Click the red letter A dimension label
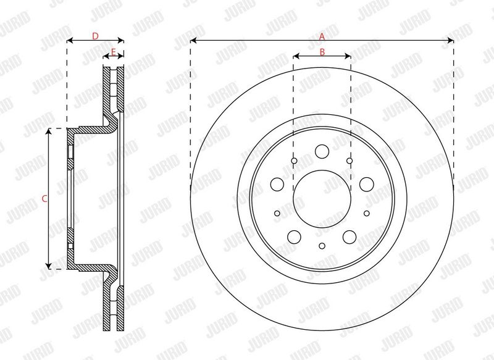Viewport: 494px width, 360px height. (322, 36)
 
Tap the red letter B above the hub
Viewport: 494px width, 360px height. (322, 52)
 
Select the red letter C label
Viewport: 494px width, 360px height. (44, 199)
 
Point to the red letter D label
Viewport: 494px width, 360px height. (95, 36)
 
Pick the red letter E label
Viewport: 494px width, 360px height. (114, 52)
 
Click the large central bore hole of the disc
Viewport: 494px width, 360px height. (322, 199)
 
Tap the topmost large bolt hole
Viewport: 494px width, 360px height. (322, 151)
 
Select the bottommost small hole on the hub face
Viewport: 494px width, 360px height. (322, 246)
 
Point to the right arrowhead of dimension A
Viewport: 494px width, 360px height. (450, 40)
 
